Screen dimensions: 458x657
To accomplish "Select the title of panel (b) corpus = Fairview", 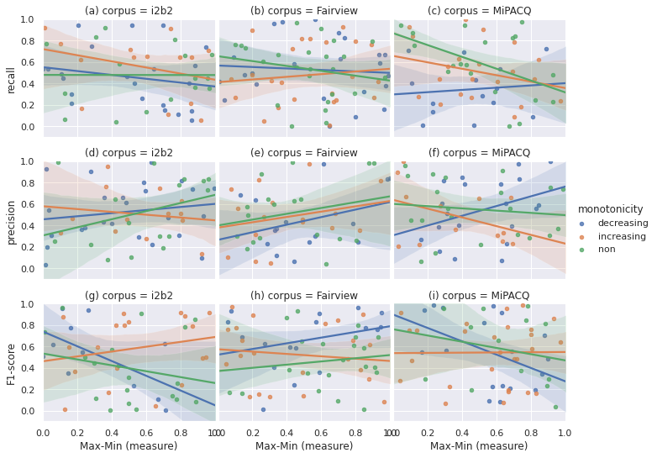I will point(304,11).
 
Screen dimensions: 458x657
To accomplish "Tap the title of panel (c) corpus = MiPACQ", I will point(479,11).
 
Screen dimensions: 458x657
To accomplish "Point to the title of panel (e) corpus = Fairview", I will point(304,153).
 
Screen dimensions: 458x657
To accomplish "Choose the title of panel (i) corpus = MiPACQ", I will point(480,296).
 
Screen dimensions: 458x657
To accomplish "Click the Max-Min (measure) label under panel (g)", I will point(129,446).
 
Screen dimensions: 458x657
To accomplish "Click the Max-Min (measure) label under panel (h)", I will point(304,446).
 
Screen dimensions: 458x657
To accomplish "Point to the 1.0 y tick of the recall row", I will point(28,19).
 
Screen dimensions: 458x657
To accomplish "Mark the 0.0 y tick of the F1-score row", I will point(28,412).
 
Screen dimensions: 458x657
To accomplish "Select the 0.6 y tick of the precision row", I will point(28,204).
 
